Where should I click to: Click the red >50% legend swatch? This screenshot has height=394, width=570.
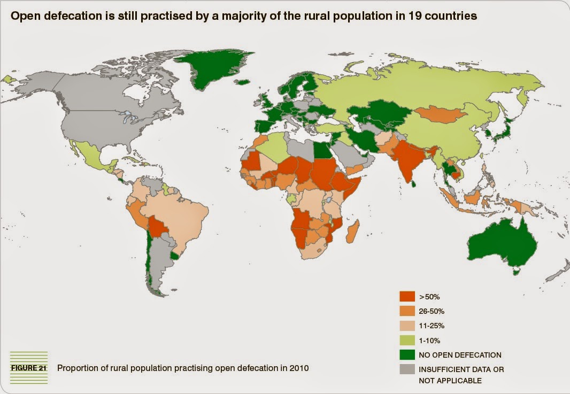(407, 296)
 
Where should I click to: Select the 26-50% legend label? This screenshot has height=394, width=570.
(432, 311)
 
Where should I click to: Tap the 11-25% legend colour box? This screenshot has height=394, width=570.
(407, 325)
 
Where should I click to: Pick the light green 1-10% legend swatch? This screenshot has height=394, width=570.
(407, 339)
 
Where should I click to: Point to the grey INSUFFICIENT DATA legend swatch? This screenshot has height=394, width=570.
(407, 369)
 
